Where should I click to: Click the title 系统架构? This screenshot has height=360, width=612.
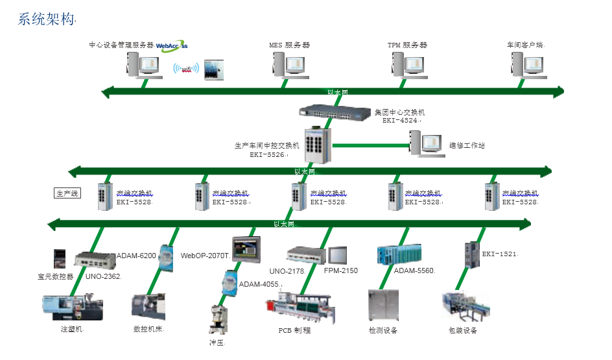[x=46, y=19]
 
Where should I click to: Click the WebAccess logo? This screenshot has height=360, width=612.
[x=172, y=45]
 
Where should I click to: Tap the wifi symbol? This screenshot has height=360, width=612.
[x=187, y=69]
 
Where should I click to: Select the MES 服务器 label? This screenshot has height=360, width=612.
[x=289, y=45]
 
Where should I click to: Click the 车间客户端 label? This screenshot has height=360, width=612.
[x=525, y=45]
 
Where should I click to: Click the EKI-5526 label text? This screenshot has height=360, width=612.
[x=268, y=154]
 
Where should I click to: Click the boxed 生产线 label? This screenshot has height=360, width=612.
[x=67, y=193]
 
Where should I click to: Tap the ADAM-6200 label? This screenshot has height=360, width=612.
[x=136, y=256]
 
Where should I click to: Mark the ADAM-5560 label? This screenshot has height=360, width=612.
[x=414, y=270]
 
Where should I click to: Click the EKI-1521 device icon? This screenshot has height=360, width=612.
[x=470, y=254]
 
